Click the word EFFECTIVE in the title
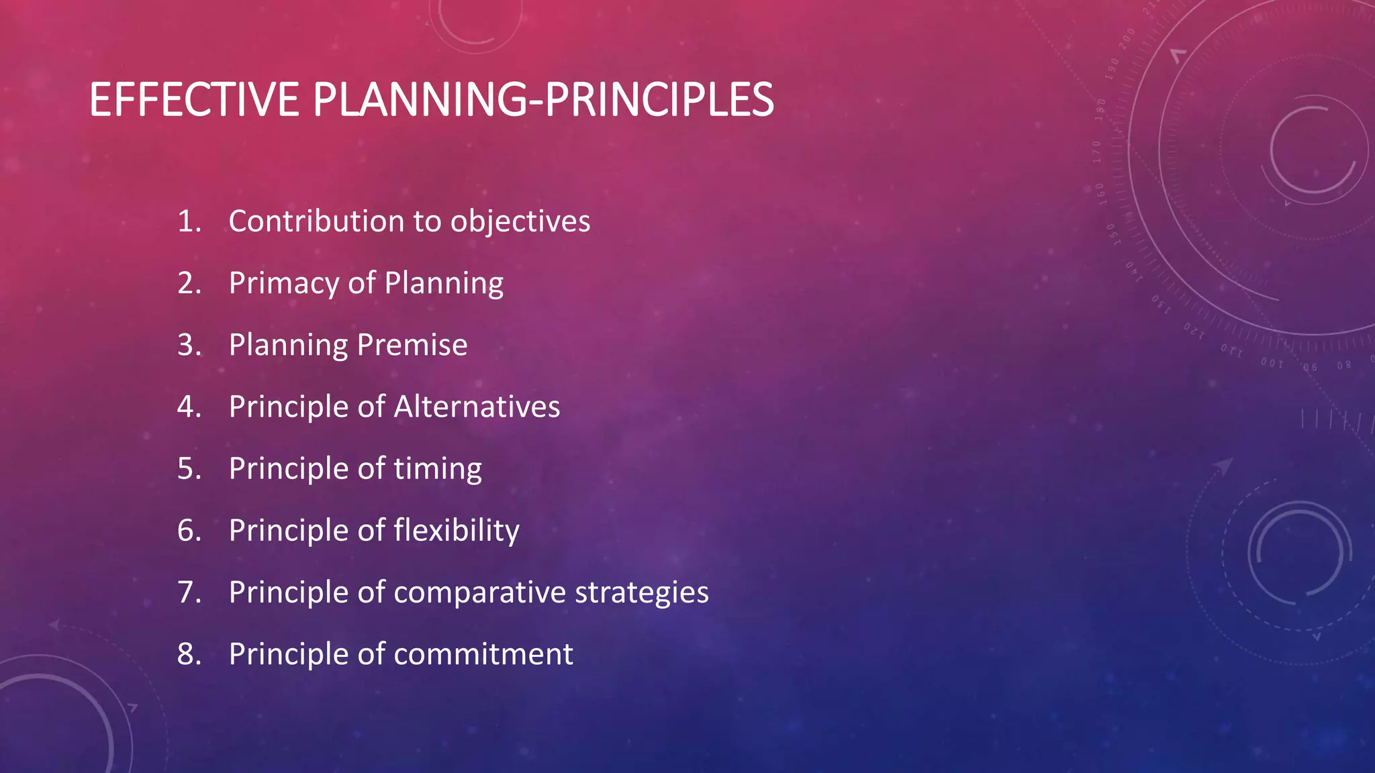coord(194,100)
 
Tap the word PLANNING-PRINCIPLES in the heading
coord(543,100)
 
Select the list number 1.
coord(189,221)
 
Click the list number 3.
coord(189,345)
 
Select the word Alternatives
coord(477,407)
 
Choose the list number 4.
coord(189,407)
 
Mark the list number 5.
coord(189,468)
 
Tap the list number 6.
coord(189,530)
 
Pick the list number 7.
coord(189,592)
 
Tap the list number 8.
coord(189,654)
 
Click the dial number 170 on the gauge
coord(1097,152)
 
